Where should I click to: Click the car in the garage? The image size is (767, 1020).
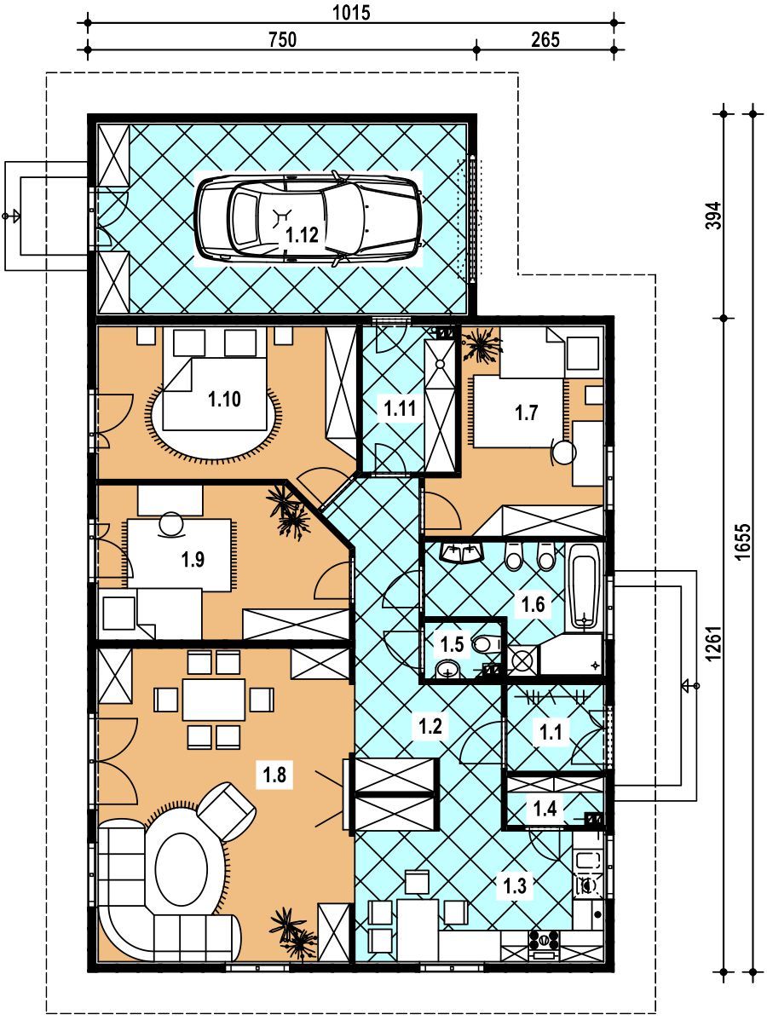pos(309,218)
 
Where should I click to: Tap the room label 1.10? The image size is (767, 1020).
pos(224,399)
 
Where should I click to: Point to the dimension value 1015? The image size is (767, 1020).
pos(351,12)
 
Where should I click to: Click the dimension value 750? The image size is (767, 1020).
pos(282,39)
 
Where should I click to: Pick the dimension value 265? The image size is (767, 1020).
pos(545,39)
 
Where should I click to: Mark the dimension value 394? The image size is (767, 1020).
pos(714,216)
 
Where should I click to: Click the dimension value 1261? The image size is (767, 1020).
pos(714,644)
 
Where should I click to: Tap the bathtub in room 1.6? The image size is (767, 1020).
pos(584,587)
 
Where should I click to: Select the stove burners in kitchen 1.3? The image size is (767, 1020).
pos(544,941)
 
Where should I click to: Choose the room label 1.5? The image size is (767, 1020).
pos(453,645)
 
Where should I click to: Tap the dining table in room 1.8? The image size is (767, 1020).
pos(214,700)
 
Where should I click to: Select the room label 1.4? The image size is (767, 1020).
pos(545,809)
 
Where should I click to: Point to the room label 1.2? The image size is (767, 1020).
pos(430,726)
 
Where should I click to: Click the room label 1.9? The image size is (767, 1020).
pos(193,559)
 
